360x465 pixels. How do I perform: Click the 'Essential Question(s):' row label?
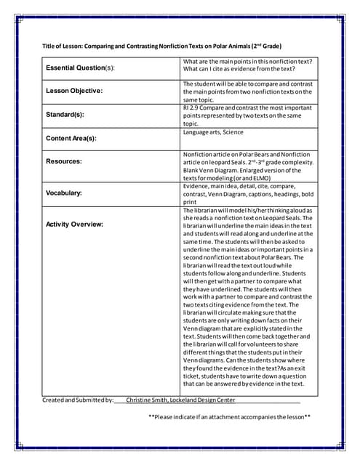pyautogui.click(x=81, y=68)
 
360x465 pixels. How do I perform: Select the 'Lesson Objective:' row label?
pyautogui.click(x=74, y=91)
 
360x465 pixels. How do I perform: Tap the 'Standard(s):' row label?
pyautogui.click(x=65, y=114)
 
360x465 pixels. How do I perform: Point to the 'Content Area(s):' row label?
pyautogui.click(x=71, y=137)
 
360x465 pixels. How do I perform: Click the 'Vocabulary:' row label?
pyautogui.click(x=64, y=193)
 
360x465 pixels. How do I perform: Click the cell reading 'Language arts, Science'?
pyautogui.click(x=213, y=132)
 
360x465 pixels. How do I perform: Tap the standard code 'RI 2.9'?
pyautogui.click(x=192, y=108)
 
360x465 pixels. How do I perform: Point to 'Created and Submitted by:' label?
pyautogui.click(x=79, y=400)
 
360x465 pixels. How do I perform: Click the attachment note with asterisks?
pyautogui.click(x=230, y=417)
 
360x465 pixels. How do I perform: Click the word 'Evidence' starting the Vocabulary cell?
pyautogui.click(x=196, y=186)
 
